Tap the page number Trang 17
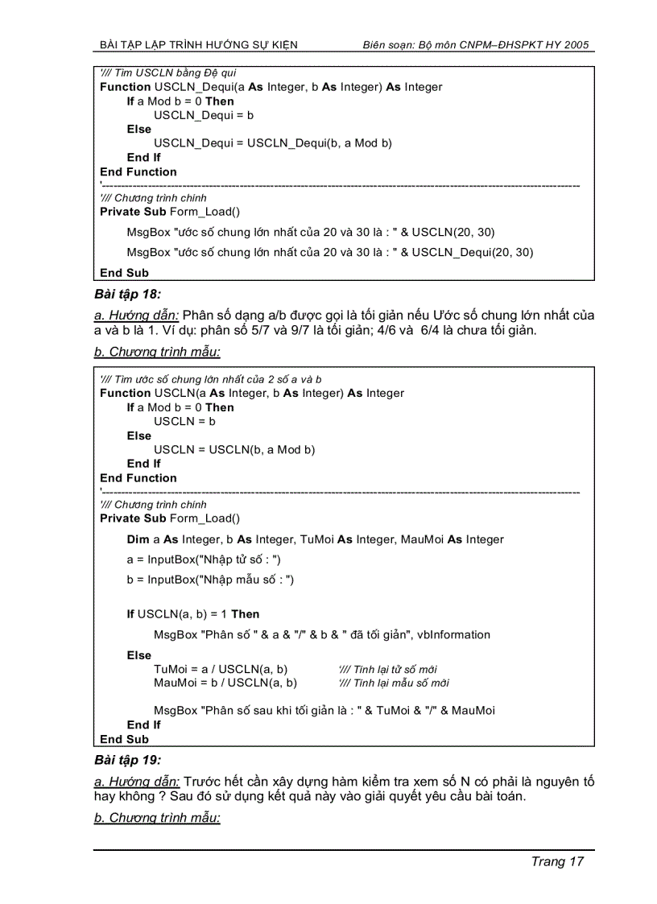tap(556, 861)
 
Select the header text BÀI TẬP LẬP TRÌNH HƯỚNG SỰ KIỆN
tap(198, 45)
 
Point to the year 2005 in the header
tap(576, 45)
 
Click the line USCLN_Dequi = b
tap(204, 115)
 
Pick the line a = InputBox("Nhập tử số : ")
tap(204, 559)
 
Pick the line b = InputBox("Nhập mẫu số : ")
tap(210, 579)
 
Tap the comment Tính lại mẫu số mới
tap(394, 683)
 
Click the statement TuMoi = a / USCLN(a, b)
tap(221, 669)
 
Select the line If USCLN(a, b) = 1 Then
tap(193, 613)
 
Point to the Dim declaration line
tap(315, 539)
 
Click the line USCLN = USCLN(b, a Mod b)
tap(234, 449)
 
